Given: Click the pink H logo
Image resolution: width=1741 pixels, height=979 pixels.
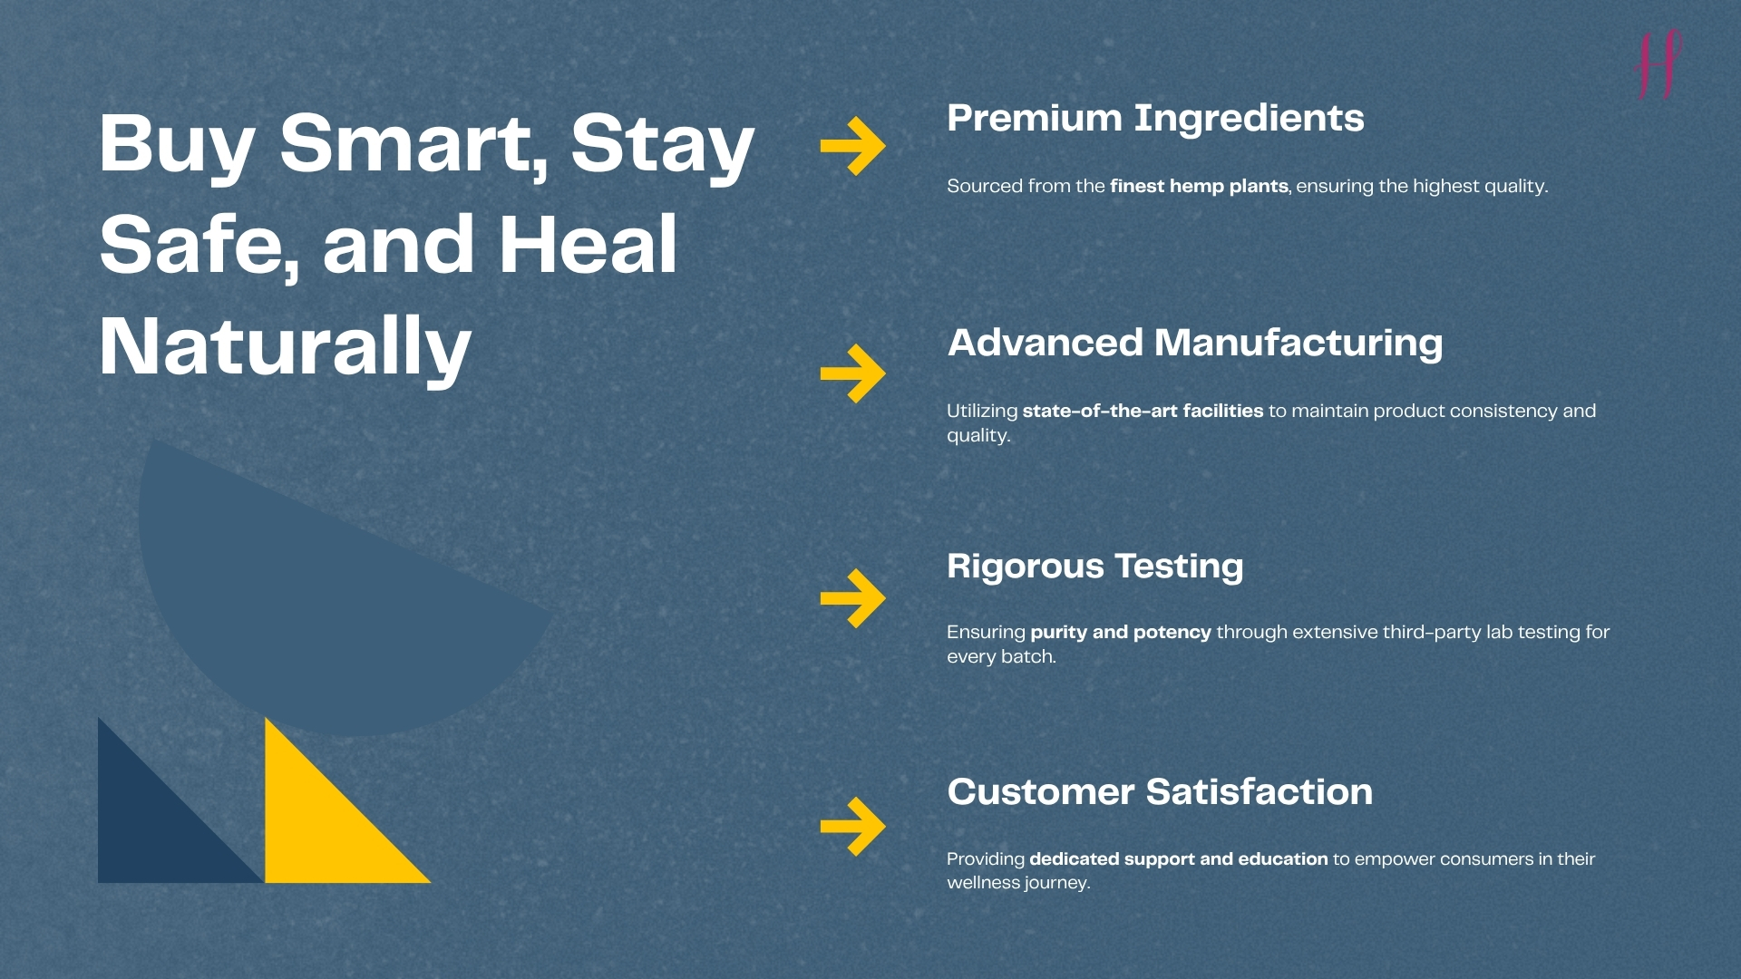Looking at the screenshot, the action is pyautogui.click(x=1658, y=63).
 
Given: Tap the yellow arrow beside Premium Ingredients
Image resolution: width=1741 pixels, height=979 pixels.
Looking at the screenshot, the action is pyautogui.click(x=852, y=145).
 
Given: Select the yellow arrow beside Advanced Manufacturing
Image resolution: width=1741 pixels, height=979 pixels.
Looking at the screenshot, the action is pyautogui.click(x=852, y=373).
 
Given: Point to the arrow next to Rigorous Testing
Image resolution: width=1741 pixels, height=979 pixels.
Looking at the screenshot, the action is pyautogui.click(x=852, y=598).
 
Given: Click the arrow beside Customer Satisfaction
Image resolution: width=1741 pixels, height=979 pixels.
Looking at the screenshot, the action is pyautogui.click(x=852, y=826).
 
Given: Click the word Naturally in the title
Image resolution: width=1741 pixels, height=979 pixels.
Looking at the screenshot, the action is pyautogui.click(x=286, y=348).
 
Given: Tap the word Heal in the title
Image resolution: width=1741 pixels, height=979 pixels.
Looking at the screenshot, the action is pyautogui.click(x=588, y=245).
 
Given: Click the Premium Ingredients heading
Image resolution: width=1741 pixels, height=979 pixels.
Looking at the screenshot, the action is pyautogui.click(x=1155, y=119).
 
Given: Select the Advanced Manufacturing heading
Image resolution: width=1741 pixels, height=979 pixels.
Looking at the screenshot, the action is pyautogui.click(x=1195, y=344).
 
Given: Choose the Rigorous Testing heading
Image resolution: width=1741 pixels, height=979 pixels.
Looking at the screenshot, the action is pyautogui.click(x=1095, y=567).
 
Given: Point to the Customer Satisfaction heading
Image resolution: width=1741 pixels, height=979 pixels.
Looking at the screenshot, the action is pyautogui.click(x=1160, y=791).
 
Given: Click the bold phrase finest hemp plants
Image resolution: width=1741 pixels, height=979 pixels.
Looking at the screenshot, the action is pyautogui.click(x=1199, y=187).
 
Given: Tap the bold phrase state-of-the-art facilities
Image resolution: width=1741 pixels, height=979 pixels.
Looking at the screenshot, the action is pyautogui.click(x=1143, y=411).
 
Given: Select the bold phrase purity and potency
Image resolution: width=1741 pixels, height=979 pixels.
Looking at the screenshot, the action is pyautogui.click(x=1121, y=633).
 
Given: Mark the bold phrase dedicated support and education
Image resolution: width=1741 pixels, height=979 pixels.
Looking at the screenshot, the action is pyautogui.click(x=1178, y=858).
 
